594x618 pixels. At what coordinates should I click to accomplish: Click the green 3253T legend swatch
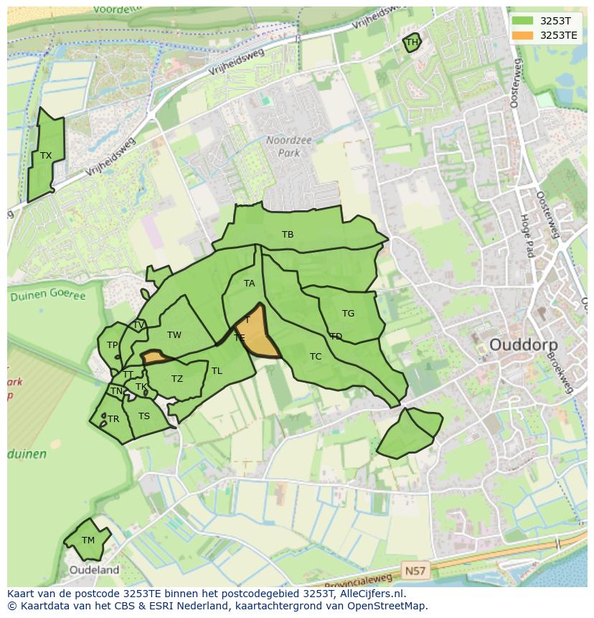[x=523, y=22]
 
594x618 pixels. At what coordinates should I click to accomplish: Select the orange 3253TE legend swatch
[x=523, y=35]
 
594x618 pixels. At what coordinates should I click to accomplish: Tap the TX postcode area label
[x=46, y=156]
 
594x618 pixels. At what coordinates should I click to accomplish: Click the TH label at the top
[x=412, y=42]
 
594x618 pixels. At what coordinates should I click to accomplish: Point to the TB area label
[x=288, y=235]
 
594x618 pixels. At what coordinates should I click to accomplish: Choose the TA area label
[x=249, y=284]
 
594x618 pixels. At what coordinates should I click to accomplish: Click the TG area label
[x=348, y=314]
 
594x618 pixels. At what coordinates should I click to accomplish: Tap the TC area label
[x=316, y=357]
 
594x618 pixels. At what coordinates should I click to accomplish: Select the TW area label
[x=174, y=335]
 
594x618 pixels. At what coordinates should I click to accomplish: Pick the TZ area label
[x=177, y=379]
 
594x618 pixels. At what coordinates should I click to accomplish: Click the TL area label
[x=217, y=371]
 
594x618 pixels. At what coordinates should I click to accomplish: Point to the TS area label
[x=144, y=416]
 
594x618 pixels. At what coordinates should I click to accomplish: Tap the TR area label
[x=113, y=419]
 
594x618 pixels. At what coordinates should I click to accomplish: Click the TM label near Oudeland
[x=88, y=540]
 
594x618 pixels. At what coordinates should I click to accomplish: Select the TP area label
[x=112, y=345]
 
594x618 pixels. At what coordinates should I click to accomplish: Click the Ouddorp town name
[x=523, y=345]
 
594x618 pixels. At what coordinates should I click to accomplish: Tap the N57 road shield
[x=414, y=571]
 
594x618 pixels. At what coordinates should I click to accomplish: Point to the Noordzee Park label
[x=289, y=146]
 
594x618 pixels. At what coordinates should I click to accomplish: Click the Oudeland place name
[x=95, y=571]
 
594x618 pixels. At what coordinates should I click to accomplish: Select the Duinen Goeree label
[x=47, y=296]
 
